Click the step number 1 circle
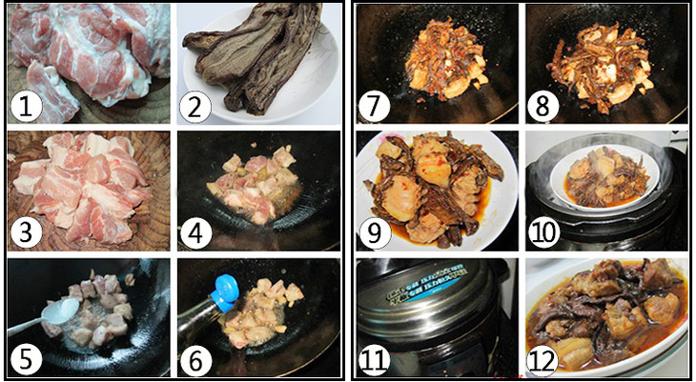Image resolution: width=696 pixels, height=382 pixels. click(x=26, y=108)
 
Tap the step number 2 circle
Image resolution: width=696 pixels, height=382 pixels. click(x=195, y=108)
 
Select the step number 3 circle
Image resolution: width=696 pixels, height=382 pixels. click(x=26, y=233)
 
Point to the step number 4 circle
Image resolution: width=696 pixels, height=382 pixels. click(x=195, y=233)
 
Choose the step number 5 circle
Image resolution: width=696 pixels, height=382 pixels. click(x=26, y=359)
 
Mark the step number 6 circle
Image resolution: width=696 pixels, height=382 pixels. click(x=195, y=359)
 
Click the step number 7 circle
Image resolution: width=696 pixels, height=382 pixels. click(x=375, y=108)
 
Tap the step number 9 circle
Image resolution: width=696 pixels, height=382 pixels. click(x=375, y=233)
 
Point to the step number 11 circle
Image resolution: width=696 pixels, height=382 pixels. click(x=375, y=359)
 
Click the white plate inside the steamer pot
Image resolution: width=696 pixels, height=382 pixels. click(x=604, y=176)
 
